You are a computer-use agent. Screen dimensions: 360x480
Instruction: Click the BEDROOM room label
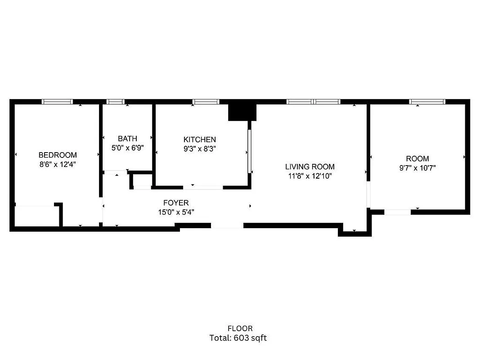57,155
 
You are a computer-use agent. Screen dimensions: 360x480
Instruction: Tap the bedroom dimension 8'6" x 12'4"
57,165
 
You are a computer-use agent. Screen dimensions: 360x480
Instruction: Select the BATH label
127,139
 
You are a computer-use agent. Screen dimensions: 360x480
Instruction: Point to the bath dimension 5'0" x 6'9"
127,148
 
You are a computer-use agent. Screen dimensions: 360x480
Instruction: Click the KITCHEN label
199,140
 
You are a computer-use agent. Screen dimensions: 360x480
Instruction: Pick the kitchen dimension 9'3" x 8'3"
199,149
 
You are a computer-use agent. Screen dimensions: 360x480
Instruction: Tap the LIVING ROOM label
310,167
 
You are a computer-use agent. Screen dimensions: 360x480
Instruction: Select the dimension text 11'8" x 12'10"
310,176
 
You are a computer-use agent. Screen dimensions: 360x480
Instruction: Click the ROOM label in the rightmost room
417,159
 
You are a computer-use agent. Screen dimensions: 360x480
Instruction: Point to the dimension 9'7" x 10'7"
417,168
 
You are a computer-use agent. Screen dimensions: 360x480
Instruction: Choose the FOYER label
176,203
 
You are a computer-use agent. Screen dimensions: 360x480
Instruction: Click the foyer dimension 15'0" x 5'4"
176,212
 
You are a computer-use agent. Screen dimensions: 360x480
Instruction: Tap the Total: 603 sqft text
238,338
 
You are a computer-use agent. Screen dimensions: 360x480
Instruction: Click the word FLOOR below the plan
240,328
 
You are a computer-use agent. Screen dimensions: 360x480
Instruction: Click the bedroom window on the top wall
57,102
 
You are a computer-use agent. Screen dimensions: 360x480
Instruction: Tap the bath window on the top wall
116,102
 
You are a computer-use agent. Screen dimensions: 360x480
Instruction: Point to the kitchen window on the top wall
206,102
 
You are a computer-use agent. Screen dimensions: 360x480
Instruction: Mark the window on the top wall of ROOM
427,102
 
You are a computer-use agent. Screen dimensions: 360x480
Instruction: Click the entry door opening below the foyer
227,225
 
